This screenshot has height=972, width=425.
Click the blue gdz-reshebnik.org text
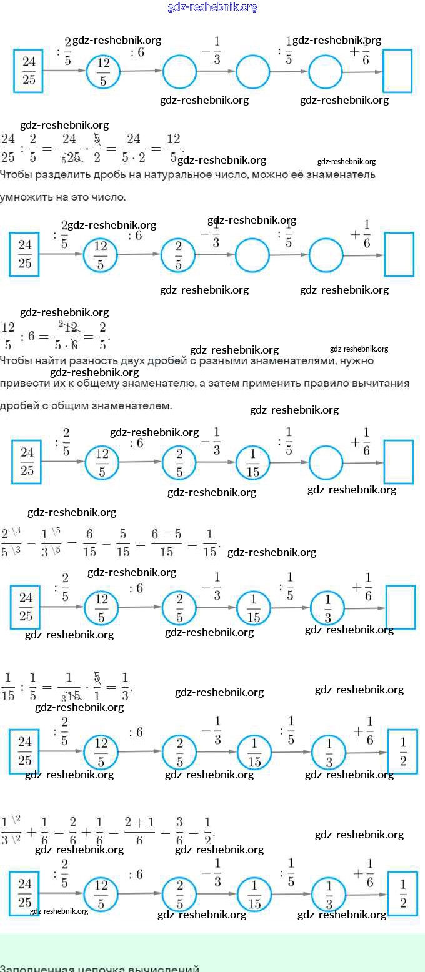point(212,7)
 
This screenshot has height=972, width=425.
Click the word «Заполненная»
point(35,968)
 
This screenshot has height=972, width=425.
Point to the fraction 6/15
point(89,542)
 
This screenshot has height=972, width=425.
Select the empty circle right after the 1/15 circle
point(326,463)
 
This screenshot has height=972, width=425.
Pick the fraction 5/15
point(123,542)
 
